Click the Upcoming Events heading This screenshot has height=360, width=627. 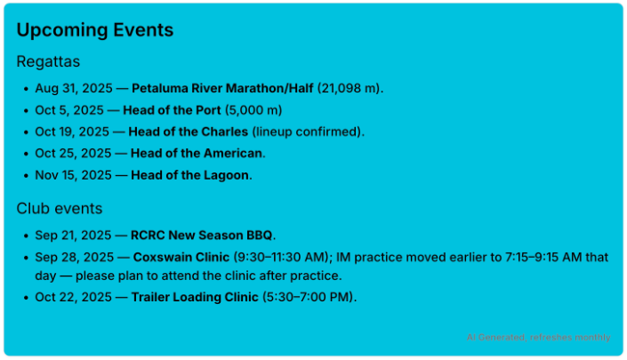(95, 30)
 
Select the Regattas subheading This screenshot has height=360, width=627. (48, 61)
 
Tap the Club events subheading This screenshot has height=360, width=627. (60, 209)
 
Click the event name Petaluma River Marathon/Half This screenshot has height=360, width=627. (222, 88)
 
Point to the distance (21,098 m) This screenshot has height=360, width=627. (349, 88)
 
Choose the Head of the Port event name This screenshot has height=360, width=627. (172, 110)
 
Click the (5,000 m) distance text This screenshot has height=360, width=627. (253, 110)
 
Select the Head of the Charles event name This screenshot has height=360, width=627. (189, 132)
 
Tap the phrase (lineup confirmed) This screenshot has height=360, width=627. (307, 132)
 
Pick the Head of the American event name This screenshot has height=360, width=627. (197, 154)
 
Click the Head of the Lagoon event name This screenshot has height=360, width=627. (190, 175)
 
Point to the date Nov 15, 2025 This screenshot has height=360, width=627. (73, 175)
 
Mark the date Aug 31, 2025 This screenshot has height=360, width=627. (74, 88)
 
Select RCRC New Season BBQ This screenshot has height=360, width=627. (202, 236)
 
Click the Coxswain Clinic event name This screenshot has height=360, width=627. (181, 257)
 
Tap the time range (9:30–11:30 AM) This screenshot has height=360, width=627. (281, 257)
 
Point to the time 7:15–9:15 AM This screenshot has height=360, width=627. (543, 257)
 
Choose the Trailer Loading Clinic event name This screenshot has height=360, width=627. (195, 297)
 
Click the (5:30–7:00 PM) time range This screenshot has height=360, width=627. (308, 297)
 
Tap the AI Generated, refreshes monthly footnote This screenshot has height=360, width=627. (539, 338)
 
